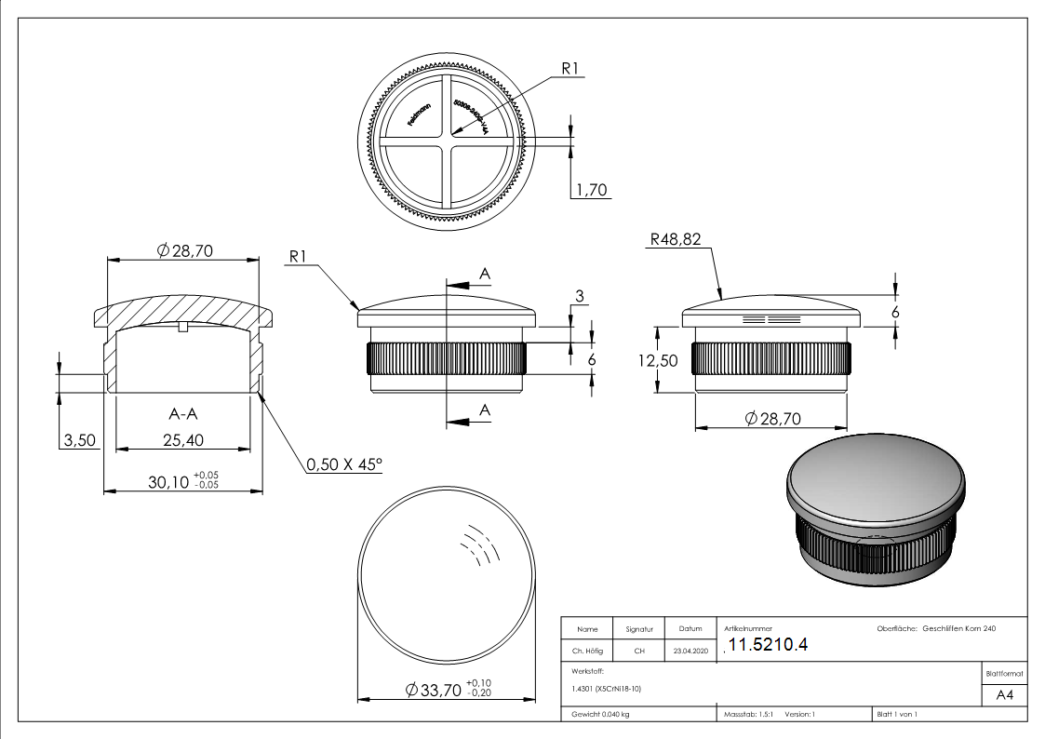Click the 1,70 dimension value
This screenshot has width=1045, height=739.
[x=592, y=190]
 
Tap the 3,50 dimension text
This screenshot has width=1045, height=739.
[x=79, y=440]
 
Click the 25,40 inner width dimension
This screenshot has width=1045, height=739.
[x=182, y=440]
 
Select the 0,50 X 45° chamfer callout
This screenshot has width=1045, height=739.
[x=343, y=464]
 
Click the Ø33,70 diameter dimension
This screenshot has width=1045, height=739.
[x=448, y=689]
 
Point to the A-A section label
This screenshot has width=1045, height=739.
[x=182, y=414]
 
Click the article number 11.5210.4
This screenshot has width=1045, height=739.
[x=768, y=646]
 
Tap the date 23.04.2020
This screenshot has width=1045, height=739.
[x=690, y=652]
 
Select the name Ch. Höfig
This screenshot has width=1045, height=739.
[x=588, y=652]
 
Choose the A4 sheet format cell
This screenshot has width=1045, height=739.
[x=1005, y=694]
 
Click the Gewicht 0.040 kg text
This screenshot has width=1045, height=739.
[x=601, y=714]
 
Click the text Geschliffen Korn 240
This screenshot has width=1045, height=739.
[x=959, y=629]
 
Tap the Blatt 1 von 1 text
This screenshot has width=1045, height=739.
[x=897, y=714]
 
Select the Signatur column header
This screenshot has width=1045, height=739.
[x=639, y=629]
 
